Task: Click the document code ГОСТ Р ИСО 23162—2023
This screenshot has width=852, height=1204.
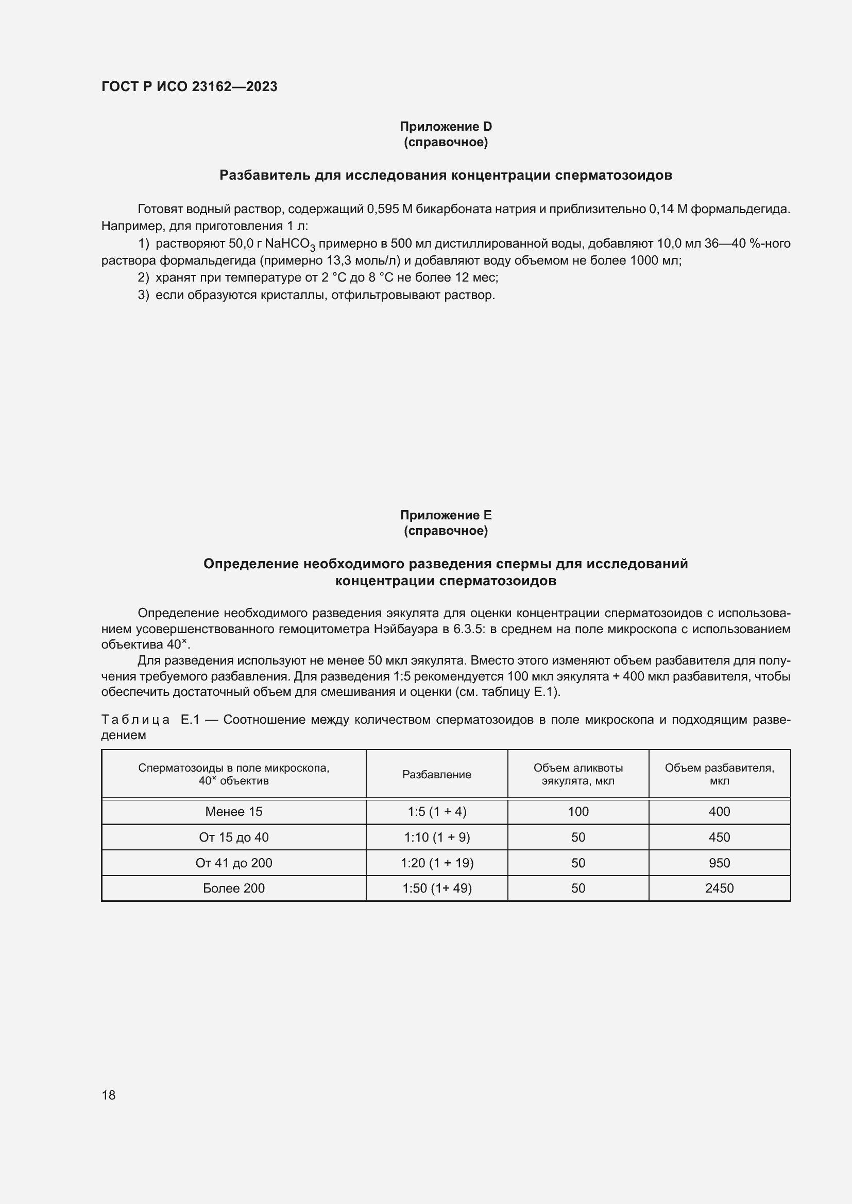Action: [189, 86]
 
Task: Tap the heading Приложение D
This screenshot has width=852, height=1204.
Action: [446, 127]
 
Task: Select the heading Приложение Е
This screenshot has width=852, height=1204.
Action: [446, 515]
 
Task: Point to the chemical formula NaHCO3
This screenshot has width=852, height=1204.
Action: [289, 245]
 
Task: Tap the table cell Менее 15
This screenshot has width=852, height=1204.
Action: [233, 812]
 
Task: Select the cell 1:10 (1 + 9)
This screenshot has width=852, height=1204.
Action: [436, 837]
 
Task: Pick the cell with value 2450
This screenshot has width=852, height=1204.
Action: [719, 888]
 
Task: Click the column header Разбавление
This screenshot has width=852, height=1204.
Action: [436, 775]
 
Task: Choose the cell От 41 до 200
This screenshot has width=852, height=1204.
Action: [233, 863]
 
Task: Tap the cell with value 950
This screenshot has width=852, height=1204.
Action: [719, 863]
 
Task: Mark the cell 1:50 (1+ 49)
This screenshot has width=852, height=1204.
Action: [436, 888]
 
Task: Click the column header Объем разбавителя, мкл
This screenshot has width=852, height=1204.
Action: [719, 774]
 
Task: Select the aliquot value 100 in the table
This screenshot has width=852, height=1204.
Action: [577, 812]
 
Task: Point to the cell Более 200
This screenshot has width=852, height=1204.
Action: [233, 888]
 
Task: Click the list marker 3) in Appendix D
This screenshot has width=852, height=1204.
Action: [143, 295]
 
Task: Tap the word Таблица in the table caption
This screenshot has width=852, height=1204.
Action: [135, 720]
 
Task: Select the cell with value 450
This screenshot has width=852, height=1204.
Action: [719, 837]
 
